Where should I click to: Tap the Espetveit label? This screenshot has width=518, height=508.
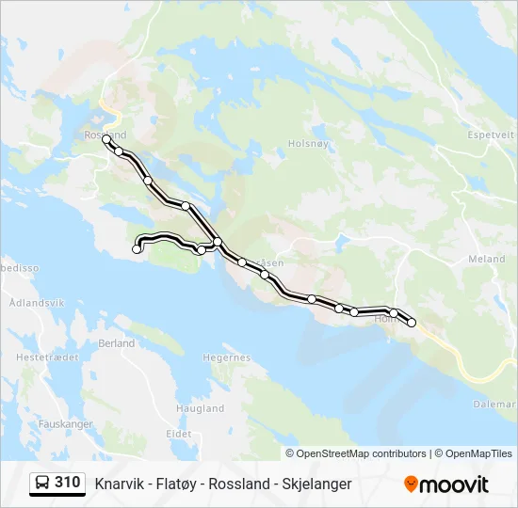(x=492, y=135)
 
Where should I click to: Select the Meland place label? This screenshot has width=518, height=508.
(x=486, y=259)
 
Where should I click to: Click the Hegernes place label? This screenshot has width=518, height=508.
(x=227, y=357)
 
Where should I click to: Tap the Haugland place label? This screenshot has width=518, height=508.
(x=201, y=408)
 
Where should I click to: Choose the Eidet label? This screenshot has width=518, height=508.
(x=179, y=434)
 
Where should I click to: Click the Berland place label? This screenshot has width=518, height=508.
(x=117, y=343)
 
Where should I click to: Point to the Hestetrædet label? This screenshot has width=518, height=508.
(x=39, y=357)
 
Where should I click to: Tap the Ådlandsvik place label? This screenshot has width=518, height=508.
(x=35, y=304)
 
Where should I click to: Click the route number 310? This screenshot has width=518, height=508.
(x=67, y=483)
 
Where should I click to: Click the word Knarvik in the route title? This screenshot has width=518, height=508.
(x=120, y=484)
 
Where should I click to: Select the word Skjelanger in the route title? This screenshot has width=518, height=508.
(x=316, y=484)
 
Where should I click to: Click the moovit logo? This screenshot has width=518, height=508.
(x=446, y=484)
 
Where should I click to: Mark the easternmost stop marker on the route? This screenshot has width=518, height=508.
(x=412, y=323)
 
